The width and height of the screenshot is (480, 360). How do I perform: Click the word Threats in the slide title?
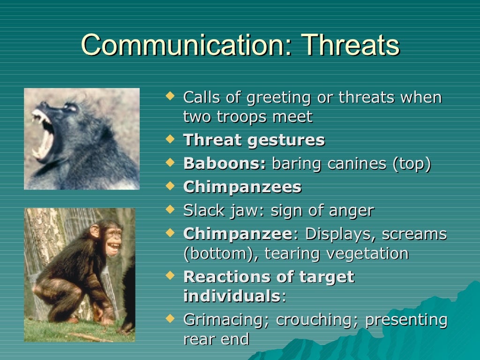[351, 45]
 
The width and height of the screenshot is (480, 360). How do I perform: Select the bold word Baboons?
[225, 164]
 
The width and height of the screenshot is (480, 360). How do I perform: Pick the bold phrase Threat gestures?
[254, 140]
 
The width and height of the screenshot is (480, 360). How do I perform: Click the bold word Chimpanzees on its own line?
[242, 187]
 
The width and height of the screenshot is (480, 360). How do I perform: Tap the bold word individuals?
[231, 296]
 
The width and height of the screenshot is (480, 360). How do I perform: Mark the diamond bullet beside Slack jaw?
[171, 210]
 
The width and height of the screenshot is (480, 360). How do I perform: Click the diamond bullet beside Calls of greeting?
[171, 96]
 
